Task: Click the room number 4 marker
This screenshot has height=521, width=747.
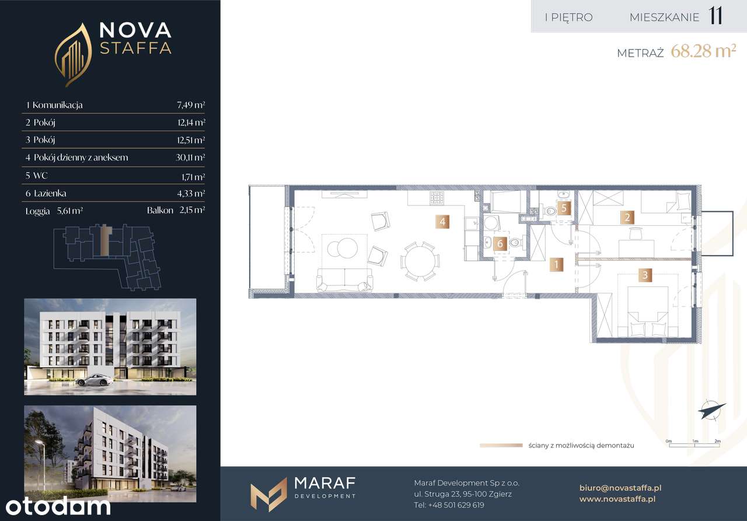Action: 442,222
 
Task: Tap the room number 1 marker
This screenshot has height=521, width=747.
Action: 556,265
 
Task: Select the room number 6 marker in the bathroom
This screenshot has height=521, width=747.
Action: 500,244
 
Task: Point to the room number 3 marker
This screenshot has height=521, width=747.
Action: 645,275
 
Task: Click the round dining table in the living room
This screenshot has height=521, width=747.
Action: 420,261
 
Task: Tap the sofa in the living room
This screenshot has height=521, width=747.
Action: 344,279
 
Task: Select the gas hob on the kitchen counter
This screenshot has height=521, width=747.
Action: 437,198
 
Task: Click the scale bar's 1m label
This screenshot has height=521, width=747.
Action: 695,441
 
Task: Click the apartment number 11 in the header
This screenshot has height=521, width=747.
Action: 715,16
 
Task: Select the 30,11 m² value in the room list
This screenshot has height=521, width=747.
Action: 190,158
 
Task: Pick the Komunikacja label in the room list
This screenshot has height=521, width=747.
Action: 57,105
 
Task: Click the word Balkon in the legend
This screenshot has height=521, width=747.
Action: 160,211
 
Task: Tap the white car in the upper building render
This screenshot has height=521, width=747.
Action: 94,380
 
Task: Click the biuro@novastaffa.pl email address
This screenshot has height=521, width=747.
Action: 620,488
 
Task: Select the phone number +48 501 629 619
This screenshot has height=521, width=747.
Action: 456,505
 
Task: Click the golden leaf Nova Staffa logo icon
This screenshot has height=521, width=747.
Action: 73,55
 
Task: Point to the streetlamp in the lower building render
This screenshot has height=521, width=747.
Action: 43,464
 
